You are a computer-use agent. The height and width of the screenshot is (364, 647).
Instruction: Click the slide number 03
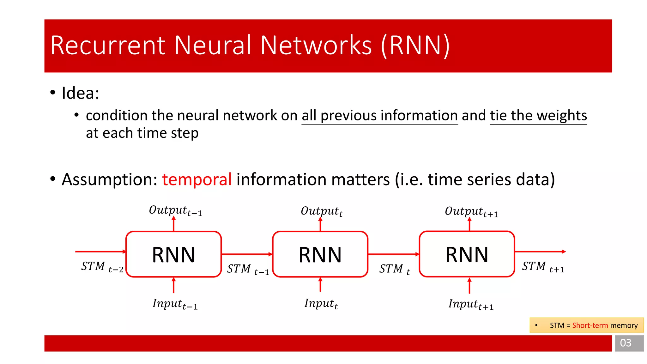click(626, 343)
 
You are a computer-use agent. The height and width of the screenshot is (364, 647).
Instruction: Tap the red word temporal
click(197, 179)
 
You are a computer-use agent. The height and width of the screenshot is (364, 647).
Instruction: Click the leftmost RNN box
click(173, 254)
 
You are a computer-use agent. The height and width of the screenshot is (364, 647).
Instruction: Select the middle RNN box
click(320, 254)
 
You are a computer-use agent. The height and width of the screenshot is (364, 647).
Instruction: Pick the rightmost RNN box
click(467, 254)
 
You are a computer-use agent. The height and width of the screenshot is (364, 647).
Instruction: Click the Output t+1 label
click(471, 211)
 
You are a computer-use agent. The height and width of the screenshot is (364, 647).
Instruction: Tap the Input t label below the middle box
click(321, 303)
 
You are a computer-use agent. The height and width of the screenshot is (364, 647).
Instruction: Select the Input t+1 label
click(471, 304)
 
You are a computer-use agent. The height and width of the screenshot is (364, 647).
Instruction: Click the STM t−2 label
click(102, 267)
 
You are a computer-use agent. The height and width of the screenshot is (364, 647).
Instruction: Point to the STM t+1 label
click(543, 267)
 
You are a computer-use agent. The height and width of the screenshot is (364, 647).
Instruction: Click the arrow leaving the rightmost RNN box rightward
click(540, 252)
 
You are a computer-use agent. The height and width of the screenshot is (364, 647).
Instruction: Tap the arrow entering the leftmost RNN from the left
click(100, 252)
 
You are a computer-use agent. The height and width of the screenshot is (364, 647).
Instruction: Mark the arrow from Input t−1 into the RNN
click(173, 285)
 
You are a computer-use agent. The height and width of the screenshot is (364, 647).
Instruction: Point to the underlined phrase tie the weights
click(538, 116)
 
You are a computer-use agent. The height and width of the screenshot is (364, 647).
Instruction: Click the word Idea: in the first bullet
click(81, 93)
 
